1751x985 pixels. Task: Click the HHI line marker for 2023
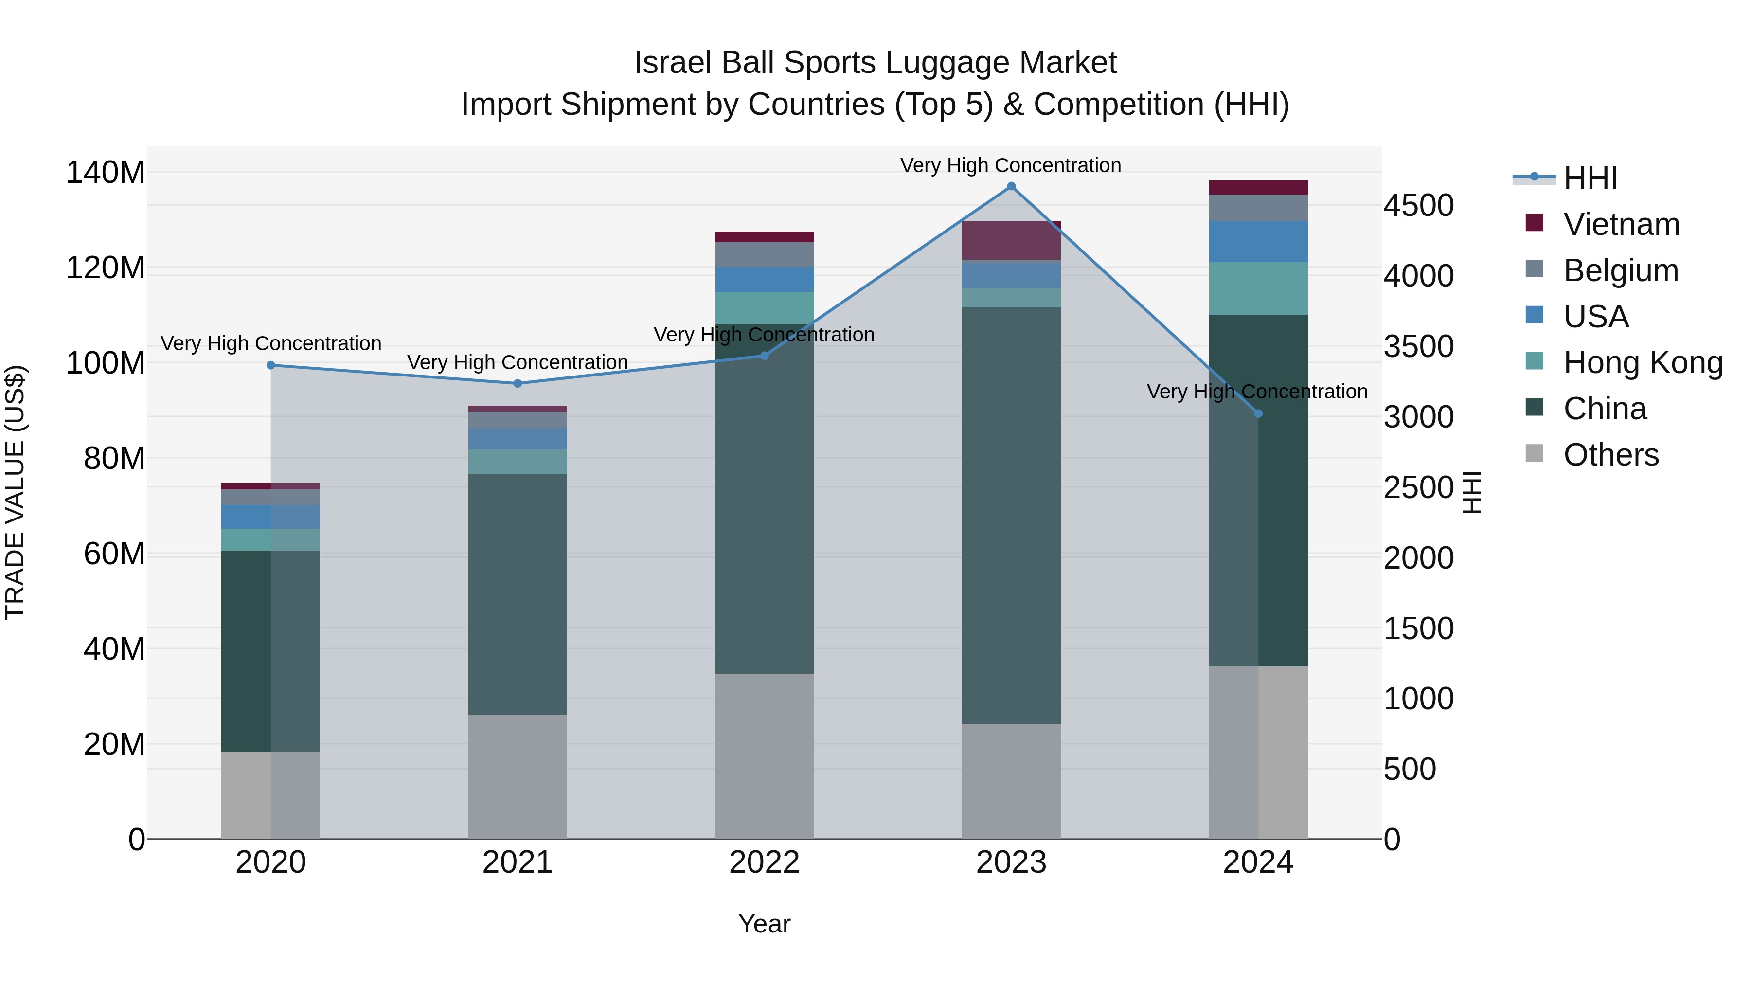1011,186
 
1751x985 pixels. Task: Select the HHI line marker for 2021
518,383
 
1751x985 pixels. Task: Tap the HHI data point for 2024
1257,413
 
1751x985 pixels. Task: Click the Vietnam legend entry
1621,224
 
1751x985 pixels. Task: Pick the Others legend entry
1610,455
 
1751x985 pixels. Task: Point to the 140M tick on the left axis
106,173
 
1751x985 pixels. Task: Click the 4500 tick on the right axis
1419,206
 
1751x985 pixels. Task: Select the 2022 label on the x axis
764,862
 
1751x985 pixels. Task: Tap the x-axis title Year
764,924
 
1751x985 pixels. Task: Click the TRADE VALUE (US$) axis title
16,492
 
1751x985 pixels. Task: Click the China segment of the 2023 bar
1011,515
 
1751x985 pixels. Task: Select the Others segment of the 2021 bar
518,776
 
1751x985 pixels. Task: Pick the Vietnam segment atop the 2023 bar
1011,240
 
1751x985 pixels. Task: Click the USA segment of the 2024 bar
1257,241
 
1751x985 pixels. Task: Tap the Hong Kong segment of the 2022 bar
764,308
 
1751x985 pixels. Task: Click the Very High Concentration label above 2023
1010,165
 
